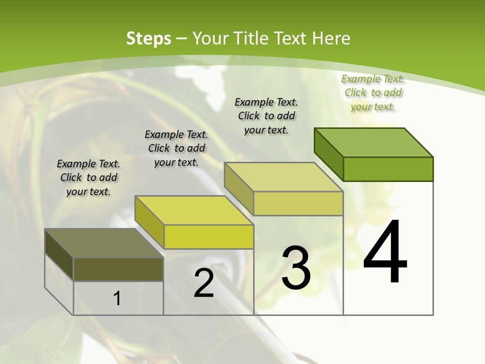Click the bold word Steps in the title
click(x=149, y=38)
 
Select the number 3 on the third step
click(x=296, y=267)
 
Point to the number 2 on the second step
click(x=204, y=283)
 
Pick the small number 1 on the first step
click(x=117, y=298)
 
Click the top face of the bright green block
click(x=374, y=142)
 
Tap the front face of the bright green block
click(x=388, y=169)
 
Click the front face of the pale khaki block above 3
click(x=298, y=203)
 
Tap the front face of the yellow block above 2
click(x=209, y=237)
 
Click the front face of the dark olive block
click(x=118, y=269)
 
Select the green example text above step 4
click(x=373, y=93)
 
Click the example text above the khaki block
click(x=266, y=116)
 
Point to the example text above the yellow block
click(x=176, y=148)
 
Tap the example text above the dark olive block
click(x=88, y=177)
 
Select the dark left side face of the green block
click(x=328, y=152)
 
